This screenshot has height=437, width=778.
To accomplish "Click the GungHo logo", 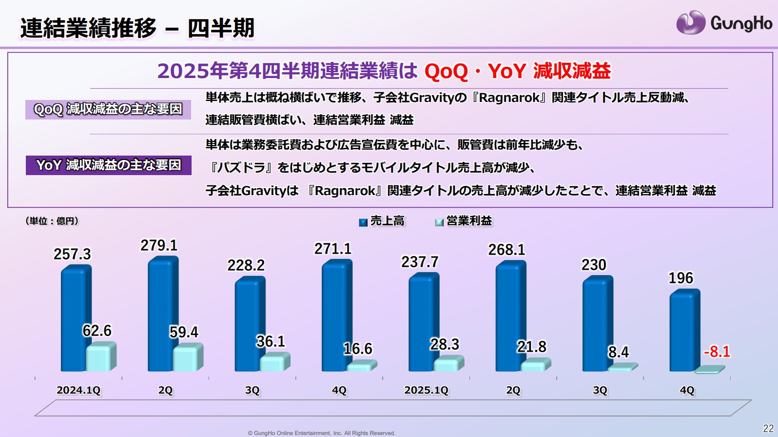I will click(x=724, y=23).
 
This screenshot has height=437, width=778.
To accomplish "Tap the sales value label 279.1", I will click(x=159, y=245).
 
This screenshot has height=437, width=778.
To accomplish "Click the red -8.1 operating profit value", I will click(x=717, y=352).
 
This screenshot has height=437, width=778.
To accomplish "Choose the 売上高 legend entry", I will click(x=382, y=221).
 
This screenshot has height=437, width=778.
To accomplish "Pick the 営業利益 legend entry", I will click(x=463, y=221).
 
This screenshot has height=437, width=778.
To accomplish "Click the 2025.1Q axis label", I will click(x=426, y=390).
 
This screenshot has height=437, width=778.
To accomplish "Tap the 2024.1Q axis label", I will click(x=78, y=390).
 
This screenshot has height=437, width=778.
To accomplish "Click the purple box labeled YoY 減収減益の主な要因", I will click(x=108, y=165).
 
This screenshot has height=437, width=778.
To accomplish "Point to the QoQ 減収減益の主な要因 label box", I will click(x=108, y=109).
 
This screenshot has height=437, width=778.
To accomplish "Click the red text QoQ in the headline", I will click(x=446, y=72).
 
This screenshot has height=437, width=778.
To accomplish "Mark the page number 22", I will click(x=768, y=429).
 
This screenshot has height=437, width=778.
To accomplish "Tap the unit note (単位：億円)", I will click(x=52, y=221).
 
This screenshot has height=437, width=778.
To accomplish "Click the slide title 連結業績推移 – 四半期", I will click(x=137, y=27).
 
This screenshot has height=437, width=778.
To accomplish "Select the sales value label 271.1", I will click(x=332, y=249).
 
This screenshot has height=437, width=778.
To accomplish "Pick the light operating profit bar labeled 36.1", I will click(x=274, y=363).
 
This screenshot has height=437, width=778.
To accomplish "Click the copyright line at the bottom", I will click(x=321, y=433).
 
